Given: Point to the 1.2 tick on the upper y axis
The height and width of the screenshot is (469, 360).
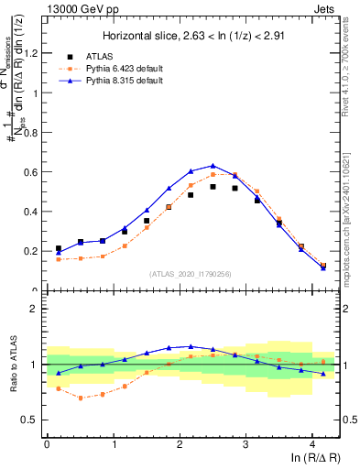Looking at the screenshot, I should pos(33,52).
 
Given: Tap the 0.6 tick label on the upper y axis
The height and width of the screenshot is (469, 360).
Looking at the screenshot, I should pos(33,171).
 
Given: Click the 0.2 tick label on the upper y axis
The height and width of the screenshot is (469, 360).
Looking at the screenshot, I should pos(33,251).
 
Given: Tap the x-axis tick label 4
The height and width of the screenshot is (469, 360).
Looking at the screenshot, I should pos(312,443).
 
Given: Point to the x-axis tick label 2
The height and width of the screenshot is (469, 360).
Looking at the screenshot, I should pos(180,443).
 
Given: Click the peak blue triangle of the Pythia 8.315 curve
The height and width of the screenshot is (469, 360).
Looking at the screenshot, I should pos(213,166).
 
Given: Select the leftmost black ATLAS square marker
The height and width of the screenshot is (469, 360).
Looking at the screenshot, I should pos(59,248).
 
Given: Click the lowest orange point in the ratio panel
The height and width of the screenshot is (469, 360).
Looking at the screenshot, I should pos(81,398).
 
